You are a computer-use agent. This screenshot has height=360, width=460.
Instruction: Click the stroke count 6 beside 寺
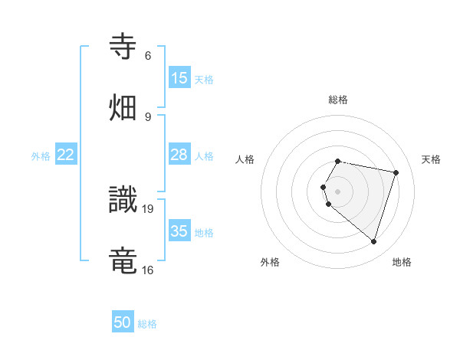click(x=148, y=56)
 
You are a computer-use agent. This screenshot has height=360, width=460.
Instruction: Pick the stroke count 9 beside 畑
click(x=148, y=116)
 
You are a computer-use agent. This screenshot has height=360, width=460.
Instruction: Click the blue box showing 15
click(x=179, y=78)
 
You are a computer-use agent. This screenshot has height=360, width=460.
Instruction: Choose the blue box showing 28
click(x=179, y=155)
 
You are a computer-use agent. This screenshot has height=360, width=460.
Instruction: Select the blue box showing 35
click(x=179, y=231)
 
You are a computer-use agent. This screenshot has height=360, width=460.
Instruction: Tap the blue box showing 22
click(x=66, y=155)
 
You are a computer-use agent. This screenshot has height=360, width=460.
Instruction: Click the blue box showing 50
click(x=123, y=322)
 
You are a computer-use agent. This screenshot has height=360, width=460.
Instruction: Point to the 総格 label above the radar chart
click(x=338, y=100)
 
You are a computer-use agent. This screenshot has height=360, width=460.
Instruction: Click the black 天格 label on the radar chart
click(x=431, y=159)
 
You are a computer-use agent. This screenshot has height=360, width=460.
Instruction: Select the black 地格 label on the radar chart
click(x=402, y=262)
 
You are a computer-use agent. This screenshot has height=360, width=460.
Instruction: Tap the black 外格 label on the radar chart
click(x=270, y=262)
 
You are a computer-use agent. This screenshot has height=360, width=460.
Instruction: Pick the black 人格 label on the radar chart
click(x=245, y=159)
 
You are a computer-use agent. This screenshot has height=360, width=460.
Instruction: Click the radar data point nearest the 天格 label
click(x=396, y=172)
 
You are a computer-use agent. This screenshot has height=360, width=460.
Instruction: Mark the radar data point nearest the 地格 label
click(x=373, y=242)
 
